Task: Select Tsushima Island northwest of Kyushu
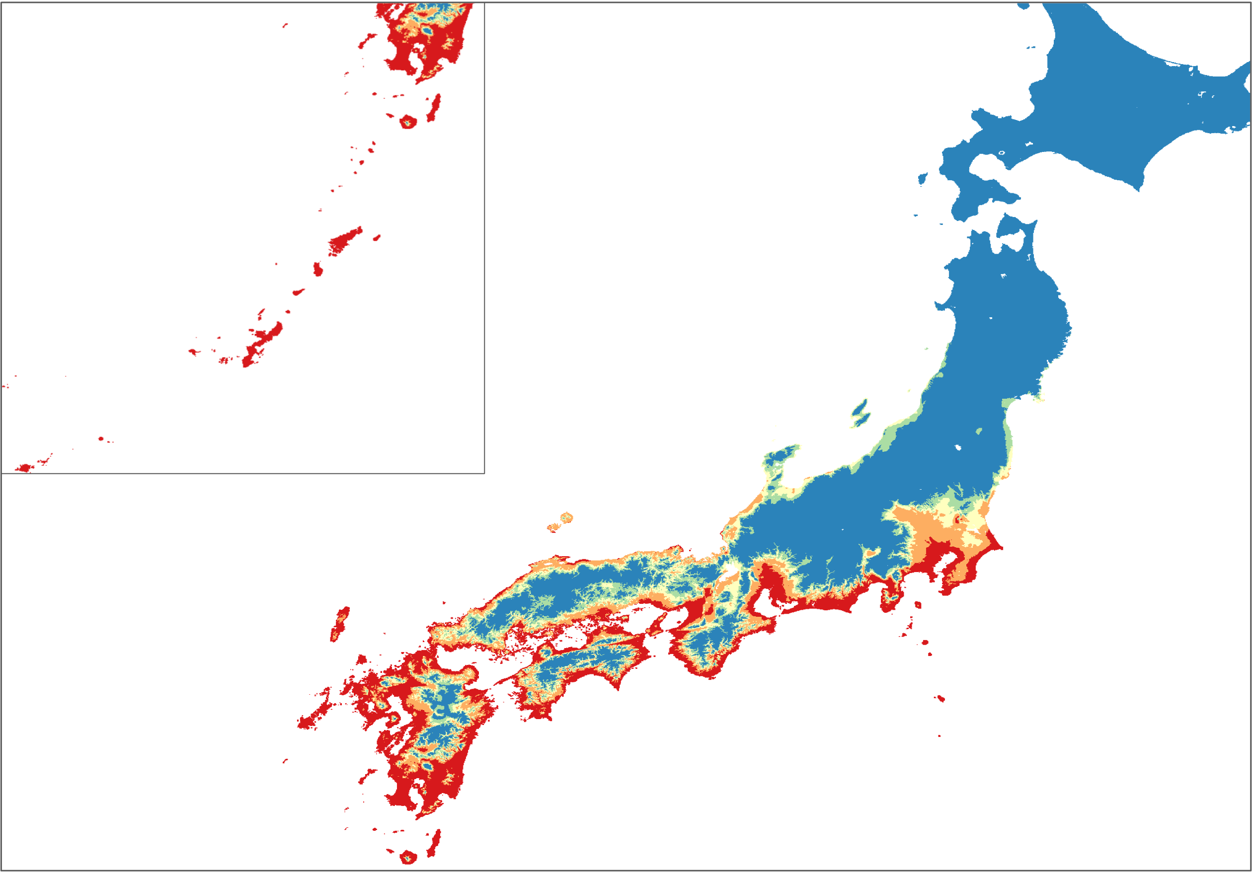point(340,623)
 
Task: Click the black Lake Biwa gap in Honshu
point(728,572)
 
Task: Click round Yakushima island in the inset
point(407,121)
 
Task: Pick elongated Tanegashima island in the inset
point(435,108)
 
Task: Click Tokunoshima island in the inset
point(318,269)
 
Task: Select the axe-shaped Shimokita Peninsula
point(1014,229)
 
